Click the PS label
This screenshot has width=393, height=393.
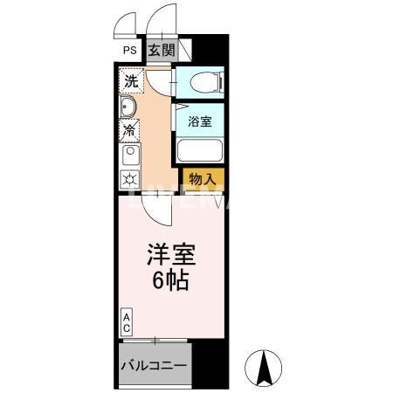pyautogui.click(x=128, y=51)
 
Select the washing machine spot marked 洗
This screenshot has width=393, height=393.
pyautogui.click(x=130, y=81)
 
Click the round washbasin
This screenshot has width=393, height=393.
pyautogui.click(x=128, y=107)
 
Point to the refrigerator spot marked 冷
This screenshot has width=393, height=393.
pyautogui.click(x=129, y=130)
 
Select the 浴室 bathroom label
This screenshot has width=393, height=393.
pyautogui.click(x=200, y=121)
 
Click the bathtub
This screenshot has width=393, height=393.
pyautogui.click(x=200, y=151)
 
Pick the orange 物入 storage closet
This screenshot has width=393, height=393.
pyautogui.click(x=203, y=178)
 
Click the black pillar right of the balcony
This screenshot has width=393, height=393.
pyautogui.click(x=210, y=364)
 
